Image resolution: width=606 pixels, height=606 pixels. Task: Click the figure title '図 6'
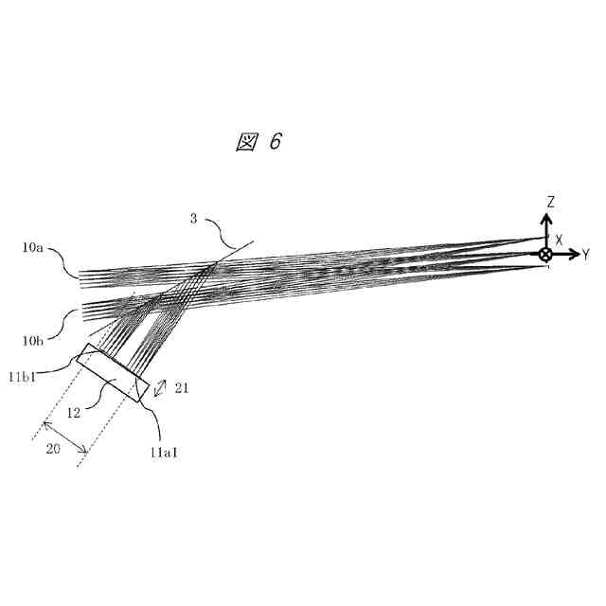point(258,141)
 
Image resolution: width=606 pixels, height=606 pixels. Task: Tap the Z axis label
point(549,202)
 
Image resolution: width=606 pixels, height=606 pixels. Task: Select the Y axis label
point(586,254)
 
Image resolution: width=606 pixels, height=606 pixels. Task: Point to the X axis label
point(560,241)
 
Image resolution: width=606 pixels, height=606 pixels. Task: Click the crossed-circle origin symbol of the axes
point(545,254)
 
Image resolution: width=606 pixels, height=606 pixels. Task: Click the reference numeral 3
point(193,220)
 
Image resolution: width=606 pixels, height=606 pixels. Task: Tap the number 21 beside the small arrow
point(182,387)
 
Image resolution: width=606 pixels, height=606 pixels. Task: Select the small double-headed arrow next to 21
point(162,387)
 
